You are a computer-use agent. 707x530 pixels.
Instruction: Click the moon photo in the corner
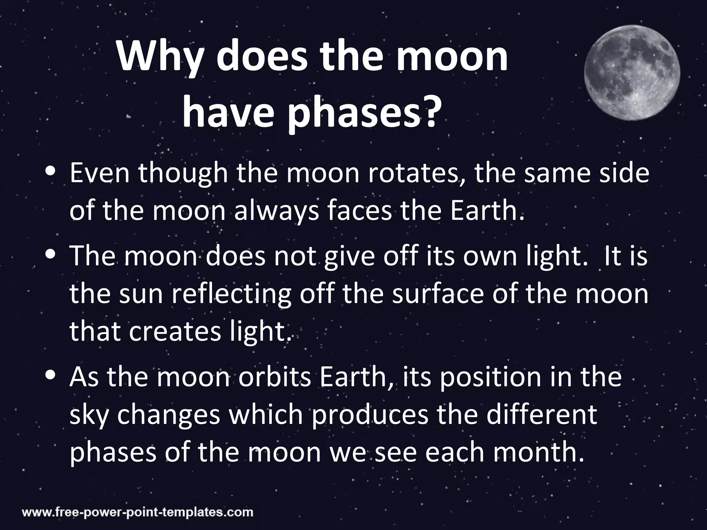(632, 73)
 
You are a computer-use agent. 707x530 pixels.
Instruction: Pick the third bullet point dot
(51, 375)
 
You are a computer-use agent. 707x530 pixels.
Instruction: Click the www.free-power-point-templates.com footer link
(138, 512)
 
